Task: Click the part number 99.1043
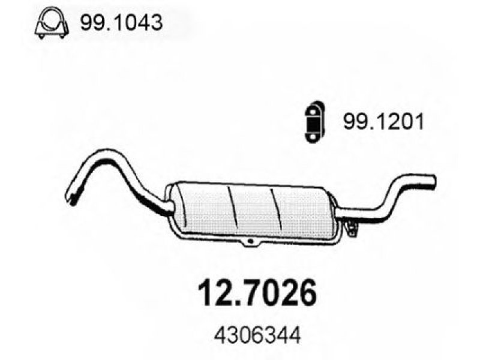tap(121, 22)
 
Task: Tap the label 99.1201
tap(383, 122)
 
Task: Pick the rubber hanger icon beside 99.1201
tap(314, 122)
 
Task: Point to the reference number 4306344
tap(257, 336)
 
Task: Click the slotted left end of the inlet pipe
tap(73, 196)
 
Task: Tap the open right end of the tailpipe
tap(432, 181)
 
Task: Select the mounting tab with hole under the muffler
tap(251, 241)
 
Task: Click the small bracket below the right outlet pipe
tap(352, 227)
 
